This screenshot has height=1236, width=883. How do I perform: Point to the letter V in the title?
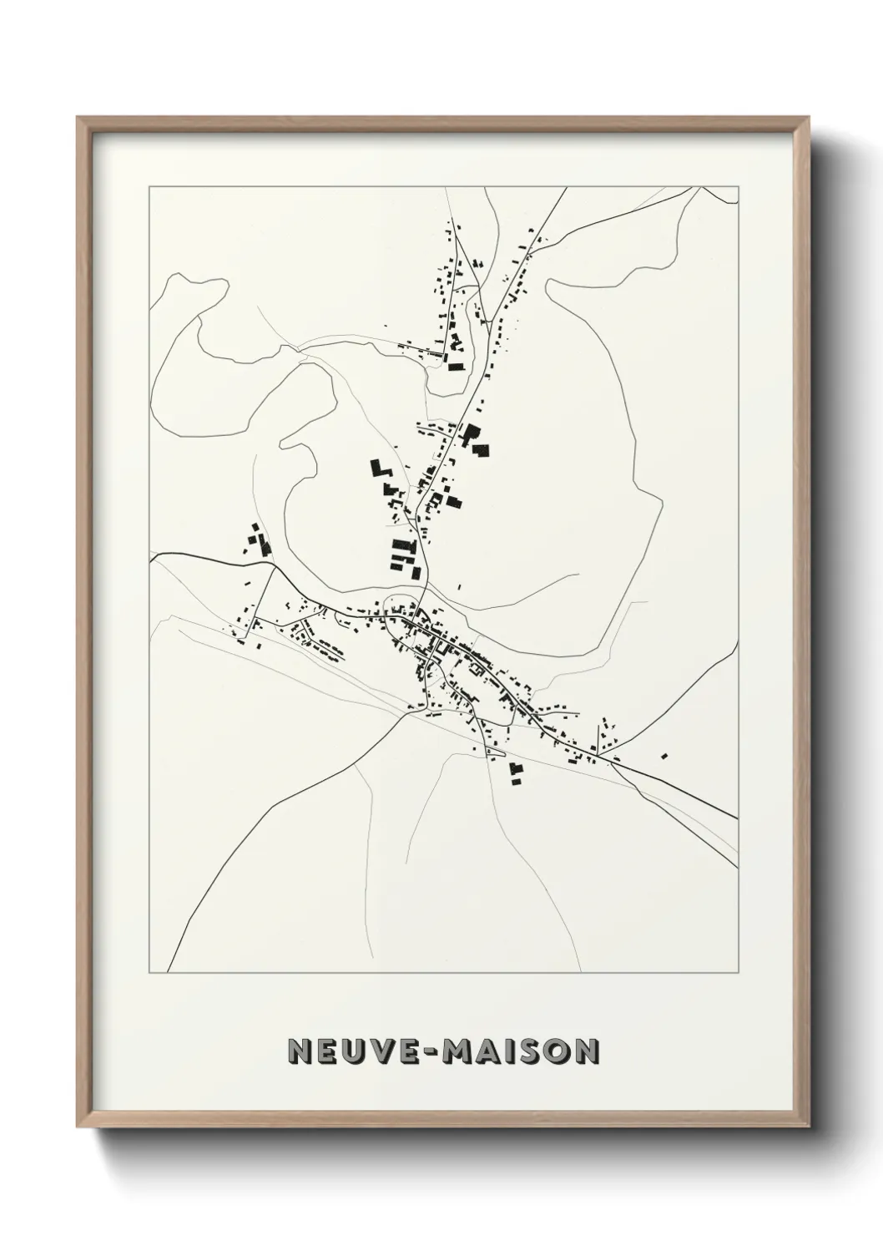coord(376,1051)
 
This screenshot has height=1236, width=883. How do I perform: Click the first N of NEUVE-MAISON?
coord(299,1051)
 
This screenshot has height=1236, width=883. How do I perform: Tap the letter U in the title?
coord(351,1051)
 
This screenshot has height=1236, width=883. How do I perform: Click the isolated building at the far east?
coord(664,756)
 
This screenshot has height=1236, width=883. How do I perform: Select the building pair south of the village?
coord(515,772)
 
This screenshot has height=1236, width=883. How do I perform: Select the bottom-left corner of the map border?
coord(149,973)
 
